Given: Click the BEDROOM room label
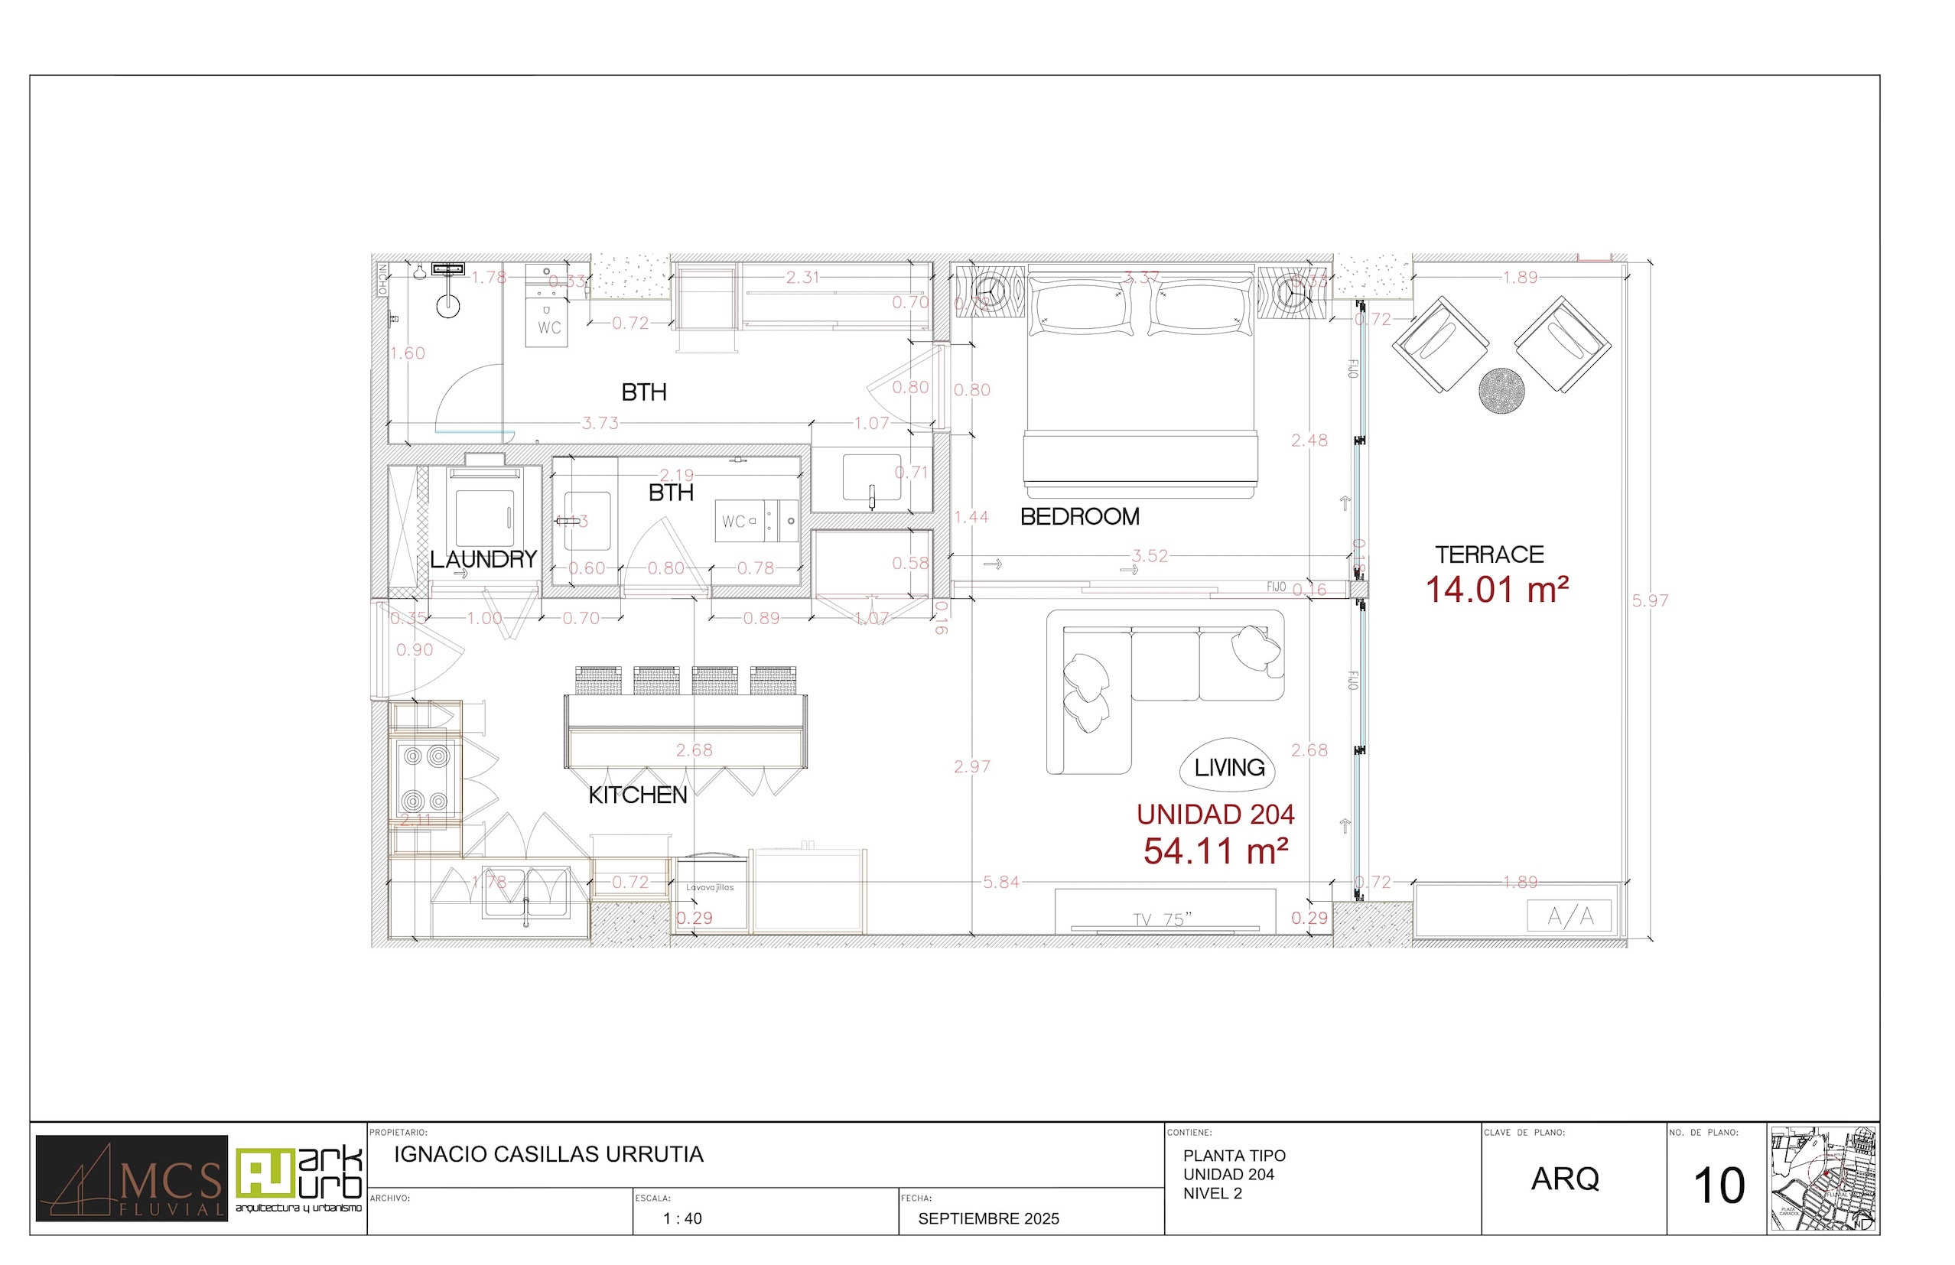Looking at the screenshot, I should point(1079,517).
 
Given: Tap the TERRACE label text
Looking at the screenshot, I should point(1489,554).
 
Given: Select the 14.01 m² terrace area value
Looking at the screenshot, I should point(1497,590).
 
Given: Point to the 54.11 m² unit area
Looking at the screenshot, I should point(1215,851).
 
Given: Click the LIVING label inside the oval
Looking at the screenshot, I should point(1229,767).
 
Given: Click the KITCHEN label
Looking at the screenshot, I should point(637,795).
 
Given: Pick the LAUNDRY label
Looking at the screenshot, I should point(483,559).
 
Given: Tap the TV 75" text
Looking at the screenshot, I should point(1163,919).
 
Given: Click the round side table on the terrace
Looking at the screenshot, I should point(1501,390).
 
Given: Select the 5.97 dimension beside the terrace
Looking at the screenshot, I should point(1649,600).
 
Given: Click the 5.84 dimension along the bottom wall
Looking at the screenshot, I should point(1000,883).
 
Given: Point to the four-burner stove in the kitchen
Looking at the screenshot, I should point(425,778).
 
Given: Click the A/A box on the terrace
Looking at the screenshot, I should point(1570,916).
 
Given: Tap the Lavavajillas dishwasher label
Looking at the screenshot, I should point(710,887).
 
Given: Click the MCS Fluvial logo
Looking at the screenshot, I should point(132,1178).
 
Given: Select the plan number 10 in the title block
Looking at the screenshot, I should point(1719,1185).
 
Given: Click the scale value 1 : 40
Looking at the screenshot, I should point(681,1218).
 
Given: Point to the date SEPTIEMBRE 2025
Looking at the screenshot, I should point(988,1218).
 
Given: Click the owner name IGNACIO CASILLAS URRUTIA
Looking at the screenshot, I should point(548,1154).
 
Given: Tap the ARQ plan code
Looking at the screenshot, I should point(1565,1179).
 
